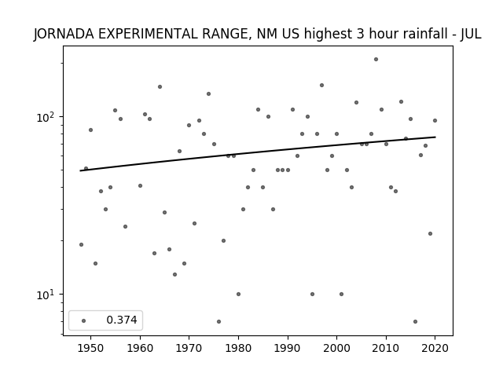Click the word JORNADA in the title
pos(64,34)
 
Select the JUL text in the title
pos(471,34)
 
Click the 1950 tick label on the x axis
pos(91,348)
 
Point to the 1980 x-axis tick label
pos(238,348)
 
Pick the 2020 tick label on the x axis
pos(435,348)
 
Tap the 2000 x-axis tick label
pos(336,348)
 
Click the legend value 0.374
pos(122,320)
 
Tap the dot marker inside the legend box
pos(84,320)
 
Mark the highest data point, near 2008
pos(376,60)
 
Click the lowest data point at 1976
pos(218,321)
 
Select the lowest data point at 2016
pos(416,321)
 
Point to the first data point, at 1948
pos(81,244)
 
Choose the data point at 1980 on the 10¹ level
pos(238,294)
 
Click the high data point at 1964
pos(160,87)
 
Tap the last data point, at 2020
pos(435,120)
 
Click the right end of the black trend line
pos(435,137)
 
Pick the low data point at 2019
pos(430,234)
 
